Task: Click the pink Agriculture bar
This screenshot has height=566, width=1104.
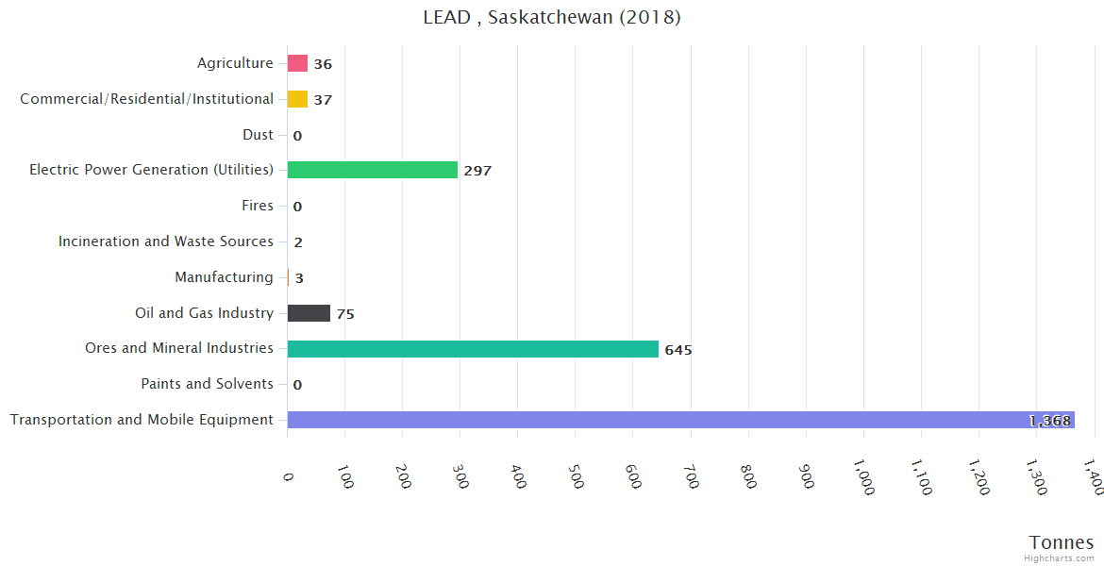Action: [x=297, y=63]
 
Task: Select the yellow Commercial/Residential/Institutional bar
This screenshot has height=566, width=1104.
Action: [x=297, y=99]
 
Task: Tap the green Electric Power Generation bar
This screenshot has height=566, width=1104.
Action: [x=372, y=170]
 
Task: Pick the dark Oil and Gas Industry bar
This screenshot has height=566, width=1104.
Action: [x=309, y=313]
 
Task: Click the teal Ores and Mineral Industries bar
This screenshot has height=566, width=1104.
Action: [x=473, y=349]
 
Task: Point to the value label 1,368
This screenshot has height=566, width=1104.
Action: [x=1049, y=421]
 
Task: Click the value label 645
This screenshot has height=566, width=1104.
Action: [x=677, y=350]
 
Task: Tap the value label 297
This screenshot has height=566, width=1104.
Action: [x=477, y=171]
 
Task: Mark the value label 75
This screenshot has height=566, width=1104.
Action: [x=345, y=314]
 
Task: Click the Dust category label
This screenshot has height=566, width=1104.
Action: [x=258, y=135]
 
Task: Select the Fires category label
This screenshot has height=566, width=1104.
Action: [x=258, y=206]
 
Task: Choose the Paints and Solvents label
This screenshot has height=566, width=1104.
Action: [x=207, y=384]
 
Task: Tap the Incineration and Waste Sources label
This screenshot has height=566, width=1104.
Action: [x=166, y=241]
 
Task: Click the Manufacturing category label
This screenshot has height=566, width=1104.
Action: [x=224, y=277]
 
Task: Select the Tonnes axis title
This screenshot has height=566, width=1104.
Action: [x=1061, y=542]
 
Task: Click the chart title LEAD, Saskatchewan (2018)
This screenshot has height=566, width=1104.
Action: [x=552, y=17]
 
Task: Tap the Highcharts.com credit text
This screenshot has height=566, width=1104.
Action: [x=1060, y=558]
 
